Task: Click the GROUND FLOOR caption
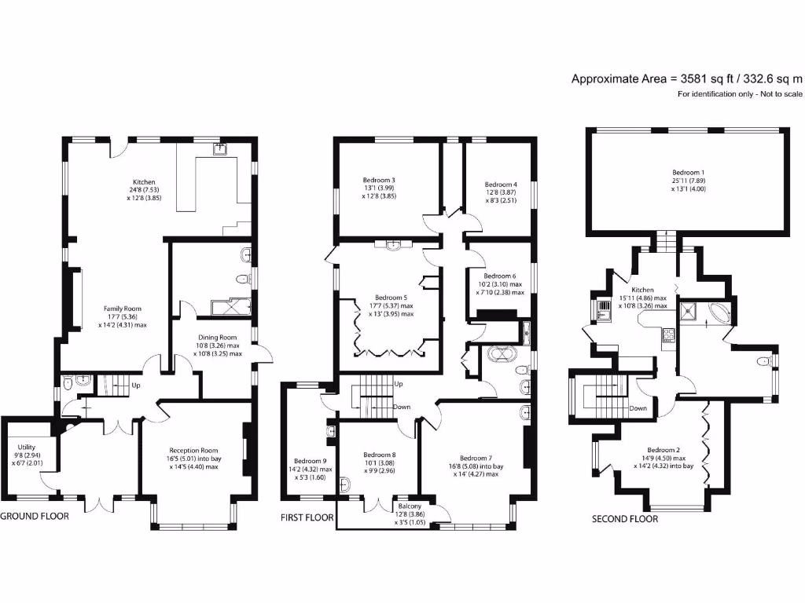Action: [35, 517]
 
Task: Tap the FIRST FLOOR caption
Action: [307, 518]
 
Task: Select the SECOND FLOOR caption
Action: [625, 519]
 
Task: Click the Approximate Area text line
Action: [686, 79]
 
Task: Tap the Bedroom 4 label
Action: [501, 185]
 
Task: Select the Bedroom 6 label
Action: [500, 276]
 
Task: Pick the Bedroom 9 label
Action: [310, 461]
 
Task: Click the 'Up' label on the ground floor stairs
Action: [137, 386]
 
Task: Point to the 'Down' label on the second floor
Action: [638, 408]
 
